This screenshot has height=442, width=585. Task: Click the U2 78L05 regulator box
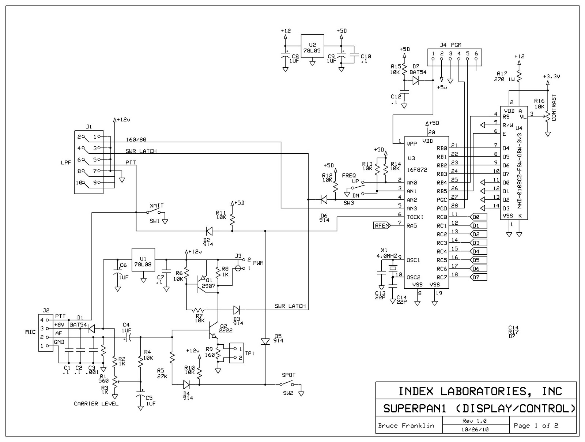pyautogui.click(x=312, y=46)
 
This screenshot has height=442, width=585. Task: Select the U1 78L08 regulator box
pyautogui.click(x=143, y=260)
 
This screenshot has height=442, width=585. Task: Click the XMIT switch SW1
pyautogui.click(x=154, y=212)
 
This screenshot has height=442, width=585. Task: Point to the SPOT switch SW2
pyautogui.click(x=287, y=384)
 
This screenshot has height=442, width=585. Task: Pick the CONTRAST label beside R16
pyautogui.click(x=554, y=108)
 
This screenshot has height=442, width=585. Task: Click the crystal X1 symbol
pyautogui.click(x=393, y=269)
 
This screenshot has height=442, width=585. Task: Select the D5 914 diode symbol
pyautogui.click(x=265, y=341)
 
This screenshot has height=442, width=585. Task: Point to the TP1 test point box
pyautogui.click(x=237, y=353)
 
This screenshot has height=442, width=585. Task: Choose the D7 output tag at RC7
pyautogui.click(x=478, y=277)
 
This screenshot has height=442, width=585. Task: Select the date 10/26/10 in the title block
pyautogui.click(x=475, y=430)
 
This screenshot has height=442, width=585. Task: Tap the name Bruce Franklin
pyautogui.click(x=406, y=426)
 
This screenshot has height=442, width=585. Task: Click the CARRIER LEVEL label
pyautogui.click(x=96, y=404)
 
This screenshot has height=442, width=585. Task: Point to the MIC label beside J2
pyautogui.click(x=30, y=332)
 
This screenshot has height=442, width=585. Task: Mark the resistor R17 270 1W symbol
pyautogui.click(x=519, y=76)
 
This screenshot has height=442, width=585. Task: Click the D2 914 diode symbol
pyautogui.click(x=209, y=231)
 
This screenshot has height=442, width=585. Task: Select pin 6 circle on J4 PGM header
pyautogui.click(x=476, y=59)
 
